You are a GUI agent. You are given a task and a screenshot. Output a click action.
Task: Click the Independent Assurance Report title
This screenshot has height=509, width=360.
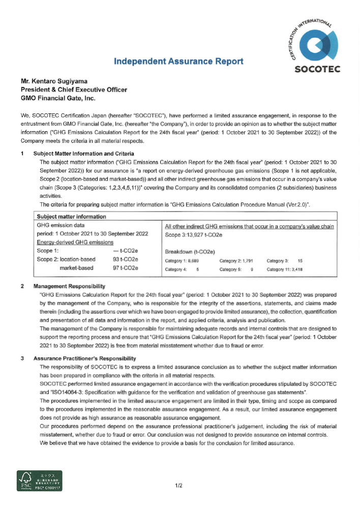click(178, 62)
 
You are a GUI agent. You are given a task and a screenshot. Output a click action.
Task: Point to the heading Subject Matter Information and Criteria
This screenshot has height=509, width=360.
click(84, 153)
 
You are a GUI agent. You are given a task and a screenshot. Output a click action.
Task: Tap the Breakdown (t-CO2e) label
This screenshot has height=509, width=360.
click(190, 252)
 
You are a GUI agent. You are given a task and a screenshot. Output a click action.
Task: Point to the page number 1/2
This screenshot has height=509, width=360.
click(179, 487)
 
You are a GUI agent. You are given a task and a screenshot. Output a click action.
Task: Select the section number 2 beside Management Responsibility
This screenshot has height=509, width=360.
click(22, 286)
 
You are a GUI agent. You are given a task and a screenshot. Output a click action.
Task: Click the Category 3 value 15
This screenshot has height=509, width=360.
click(300, 261)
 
